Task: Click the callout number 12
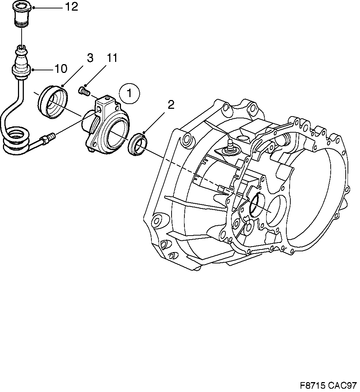pos(71,7)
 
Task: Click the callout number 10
pos(61,69)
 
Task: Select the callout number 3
pos(89,58)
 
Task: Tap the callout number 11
pos(112,58)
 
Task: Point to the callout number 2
pos(171,105)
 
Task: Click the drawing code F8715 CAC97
pos(328,385)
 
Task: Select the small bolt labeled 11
pos(84,90)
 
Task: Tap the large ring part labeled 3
pos(54,102)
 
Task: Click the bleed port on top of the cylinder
pos(107,99)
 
